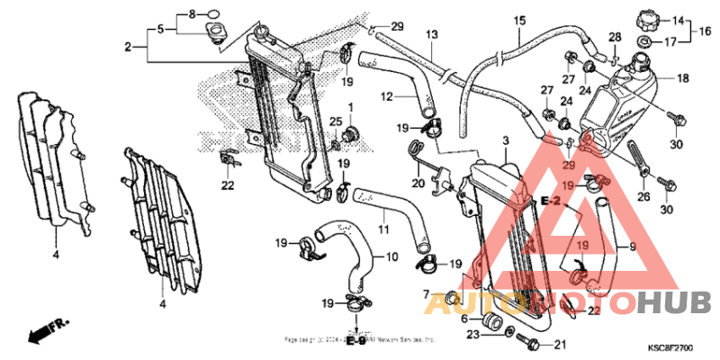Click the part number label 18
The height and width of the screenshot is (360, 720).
682,78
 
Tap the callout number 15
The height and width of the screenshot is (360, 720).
519,21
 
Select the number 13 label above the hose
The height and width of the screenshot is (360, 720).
432,34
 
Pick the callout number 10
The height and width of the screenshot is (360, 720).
392,256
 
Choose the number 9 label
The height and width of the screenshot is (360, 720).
632,246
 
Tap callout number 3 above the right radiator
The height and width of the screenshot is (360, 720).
506,141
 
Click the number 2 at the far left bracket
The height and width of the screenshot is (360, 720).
129,45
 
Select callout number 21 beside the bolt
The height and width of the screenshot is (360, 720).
559,344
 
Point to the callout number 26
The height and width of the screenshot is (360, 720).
643,196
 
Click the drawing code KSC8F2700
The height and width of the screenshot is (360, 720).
670,346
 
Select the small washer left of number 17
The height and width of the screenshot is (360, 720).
646,42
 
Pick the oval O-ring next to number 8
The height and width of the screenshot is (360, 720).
213,14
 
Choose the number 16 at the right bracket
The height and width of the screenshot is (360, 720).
705,30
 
